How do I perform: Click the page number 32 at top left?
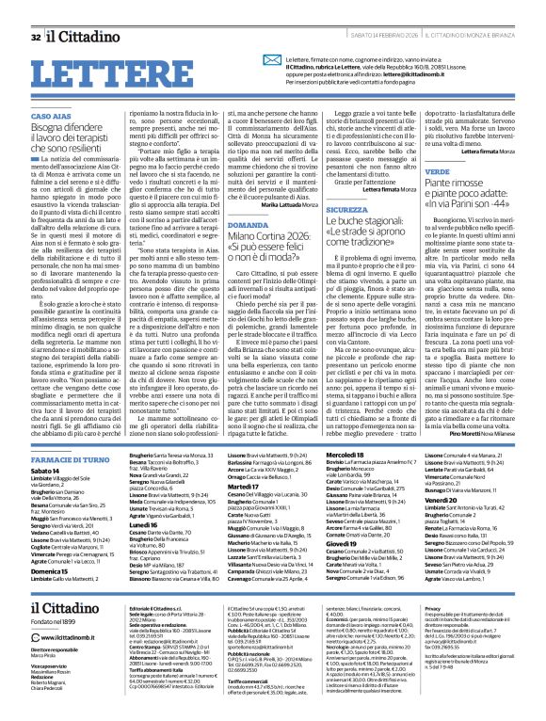[35, 11]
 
